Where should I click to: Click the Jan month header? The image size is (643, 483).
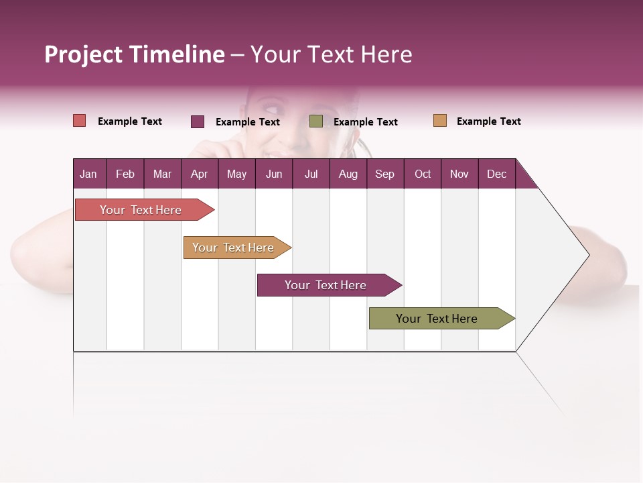(x=89, y=174)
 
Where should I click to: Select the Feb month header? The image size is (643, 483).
(x=125, y=174)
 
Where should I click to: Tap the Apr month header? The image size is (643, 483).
(x=200, y=174)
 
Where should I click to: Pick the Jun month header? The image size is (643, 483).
(x=274, y=174)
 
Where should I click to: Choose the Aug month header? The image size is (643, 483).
(x=348, y=174)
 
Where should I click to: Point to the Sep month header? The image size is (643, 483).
(x=385, y=174)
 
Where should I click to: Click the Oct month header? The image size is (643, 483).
(x=423, y=174)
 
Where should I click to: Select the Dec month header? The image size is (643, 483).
(x=497, y=174)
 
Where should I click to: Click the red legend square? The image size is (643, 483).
(x=80, y=121)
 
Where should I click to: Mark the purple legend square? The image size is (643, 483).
(x=198, y=121)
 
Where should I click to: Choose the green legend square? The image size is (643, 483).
(x=316, y=121)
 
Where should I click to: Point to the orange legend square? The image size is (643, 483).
(x=439, y=121)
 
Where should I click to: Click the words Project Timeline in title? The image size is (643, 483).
(x=135, y=54)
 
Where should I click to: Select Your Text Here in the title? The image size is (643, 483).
(x=332, y=54)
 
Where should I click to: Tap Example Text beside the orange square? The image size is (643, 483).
(x=488, y=121)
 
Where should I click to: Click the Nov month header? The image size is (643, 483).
(x=459, y=174)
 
